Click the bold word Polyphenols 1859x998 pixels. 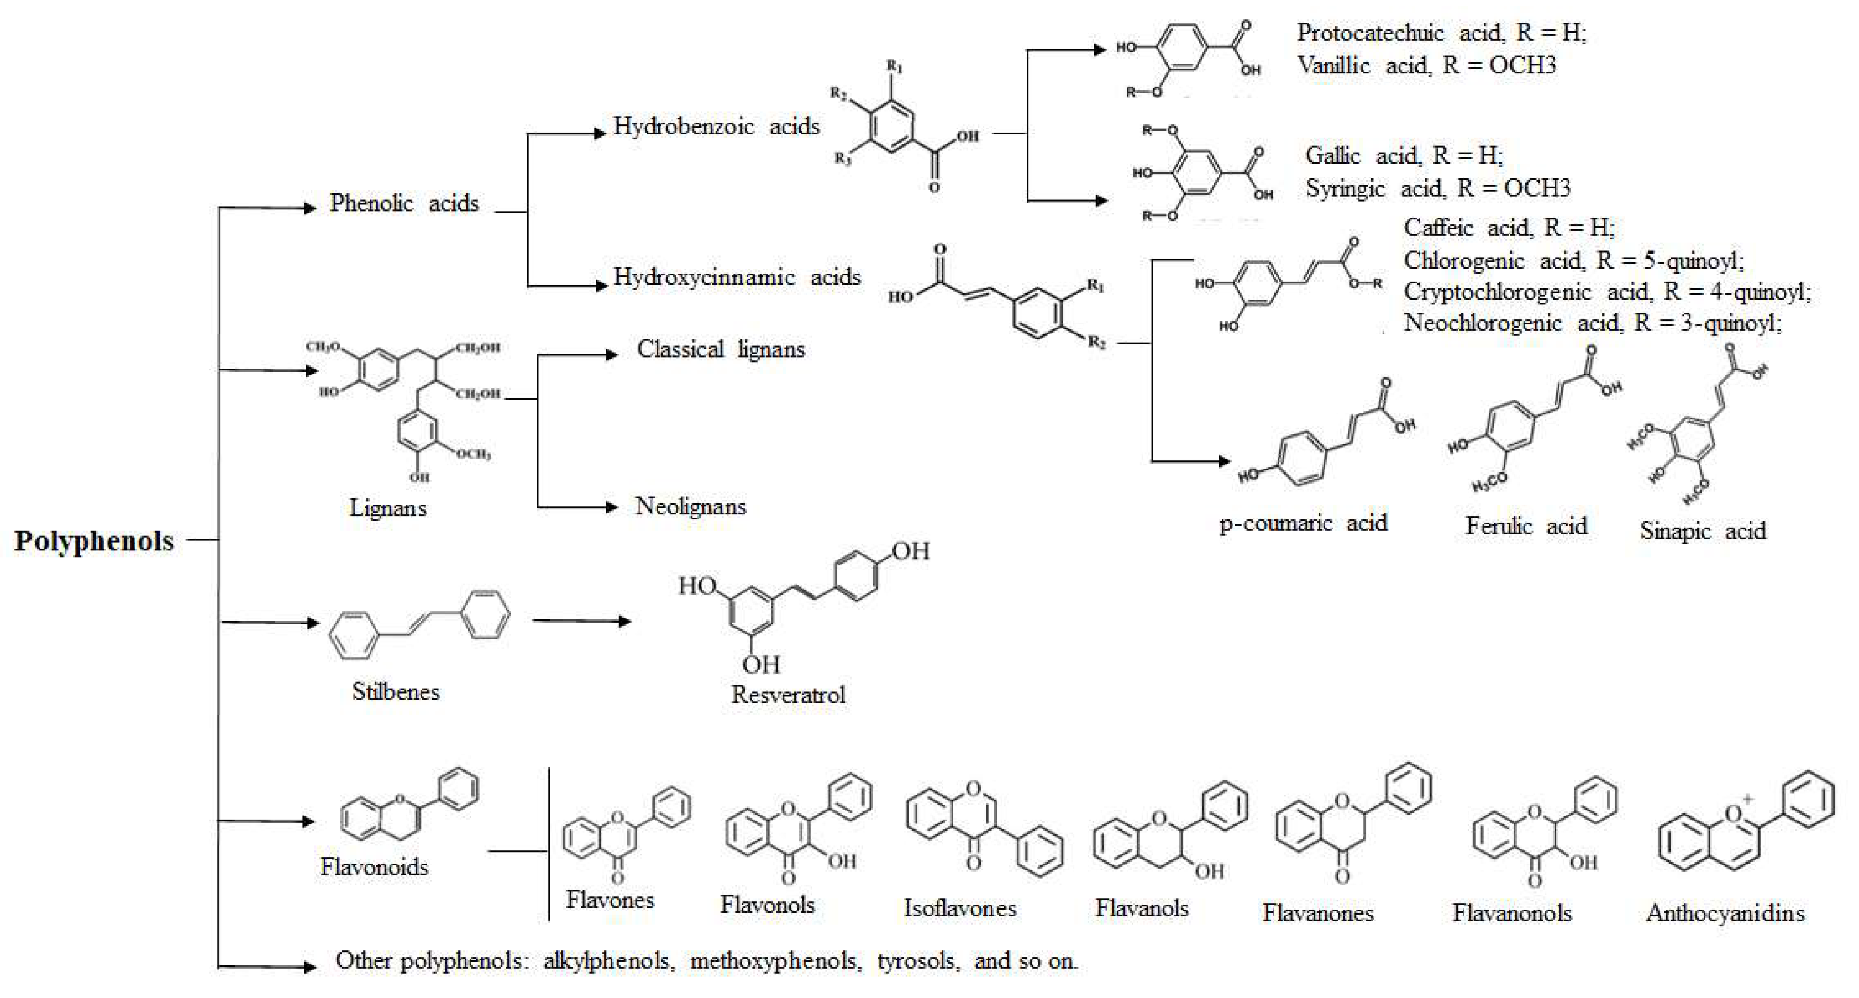click(x=94, y=541)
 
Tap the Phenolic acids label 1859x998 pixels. click(x=404, y=203)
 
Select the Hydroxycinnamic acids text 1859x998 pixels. click(x=737, y=277)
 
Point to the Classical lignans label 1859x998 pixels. click(x=720, y=350)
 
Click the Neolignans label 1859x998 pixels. click(x=690, y=507)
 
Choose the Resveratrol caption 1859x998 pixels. click(x=787, y=695)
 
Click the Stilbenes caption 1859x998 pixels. click(x=396, y=691)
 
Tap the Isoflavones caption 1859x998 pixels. click(x=960, y=908)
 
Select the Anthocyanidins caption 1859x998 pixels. click(x=1725, y=913)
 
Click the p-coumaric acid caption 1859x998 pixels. click(x=1303, y=523)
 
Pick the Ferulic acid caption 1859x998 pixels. click(x=1526, y=526)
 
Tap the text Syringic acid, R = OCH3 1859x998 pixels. click(x=1437, y=189)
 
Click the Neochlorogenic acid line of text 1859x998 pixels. click(x=1592, y=323)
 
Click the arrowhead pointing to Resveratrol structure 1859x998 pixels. click(x=625, y=621)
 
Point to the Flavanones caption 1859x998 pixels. click(x=1318, y=913)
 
